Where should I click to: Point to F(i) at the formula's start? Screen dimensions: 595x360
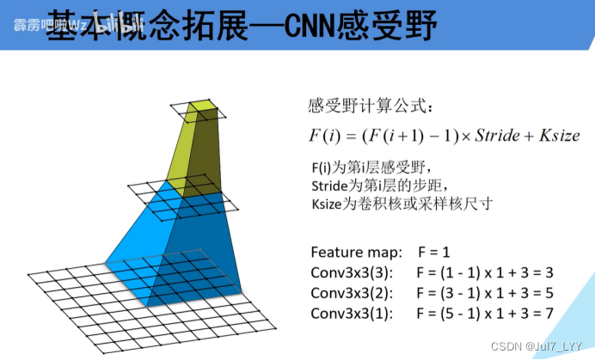point(325,136)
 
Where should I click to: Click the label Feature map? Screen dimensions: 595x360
point(356,253)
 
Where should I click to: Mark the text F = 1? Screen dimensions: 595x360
point(435,253)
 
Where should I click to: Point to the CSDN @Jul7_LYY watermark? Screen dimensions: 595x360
point(539,346)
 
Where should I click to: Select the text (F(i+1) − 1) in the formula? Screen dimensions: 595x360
point(404,136)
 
